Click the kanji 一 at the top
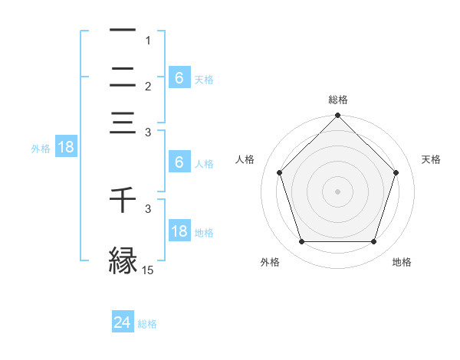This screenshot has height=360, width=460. coord(123,31)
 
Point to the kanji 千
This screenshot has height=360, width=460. coord(123,200)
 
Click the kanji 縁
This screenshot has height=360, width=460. coord(123,260)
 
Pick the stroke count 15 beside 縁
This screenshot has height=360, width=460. coord(148,270)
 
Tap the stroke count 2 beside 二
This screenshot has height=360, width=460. coord(149,87)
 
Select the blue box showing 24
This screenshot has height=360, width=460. coord(123,322)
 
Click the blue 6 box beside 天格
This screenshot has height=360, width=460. coord(179,78)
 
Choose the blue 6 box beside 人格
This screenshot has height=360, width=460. coord(179,162)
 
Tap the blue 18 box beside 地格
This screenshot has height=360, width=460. coord(179,231)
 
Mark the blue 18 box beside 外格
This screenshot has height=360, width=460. coord(66,148)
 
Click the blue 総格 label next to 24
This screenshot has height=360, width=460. coord(147,324)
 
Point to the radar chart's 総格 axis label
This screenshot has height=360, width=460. coord(337,100)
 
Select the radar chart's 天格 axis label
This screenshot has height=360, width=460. coord(431,159)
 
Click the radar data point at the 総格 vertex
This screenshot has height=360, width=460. coord(337,116)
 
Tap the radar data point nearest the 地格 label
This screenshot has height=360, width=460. coord(373,241)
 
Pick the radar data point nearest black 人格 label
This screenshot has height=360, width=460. coord(279,172)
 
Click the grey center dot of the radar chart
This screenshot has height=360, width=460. coord(337,191)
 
